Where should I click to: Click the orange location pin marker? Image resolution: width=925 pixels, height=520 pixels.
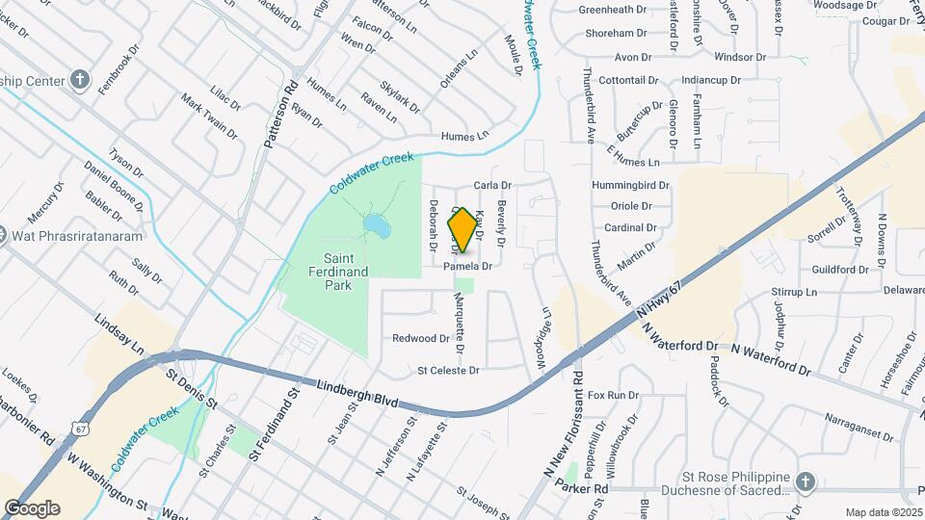coord(462,230)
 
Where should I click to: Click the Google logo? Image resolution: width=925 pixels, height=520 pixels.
coord(32,508)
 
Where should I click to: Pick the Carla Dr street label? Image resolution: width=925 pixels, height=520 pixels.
coord(492,185)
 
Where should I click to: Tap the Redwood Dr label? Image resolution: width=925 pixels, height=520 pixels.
coord(421,339)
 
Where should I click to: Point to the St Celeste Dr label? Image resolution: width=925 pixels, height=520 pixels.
coord(448,370)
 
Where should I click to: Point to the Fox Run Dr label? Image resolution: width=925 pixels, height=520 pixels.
coord(613,395)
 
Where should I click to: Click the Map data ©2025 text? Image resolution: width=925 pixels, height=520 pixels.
coord(885,512)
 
